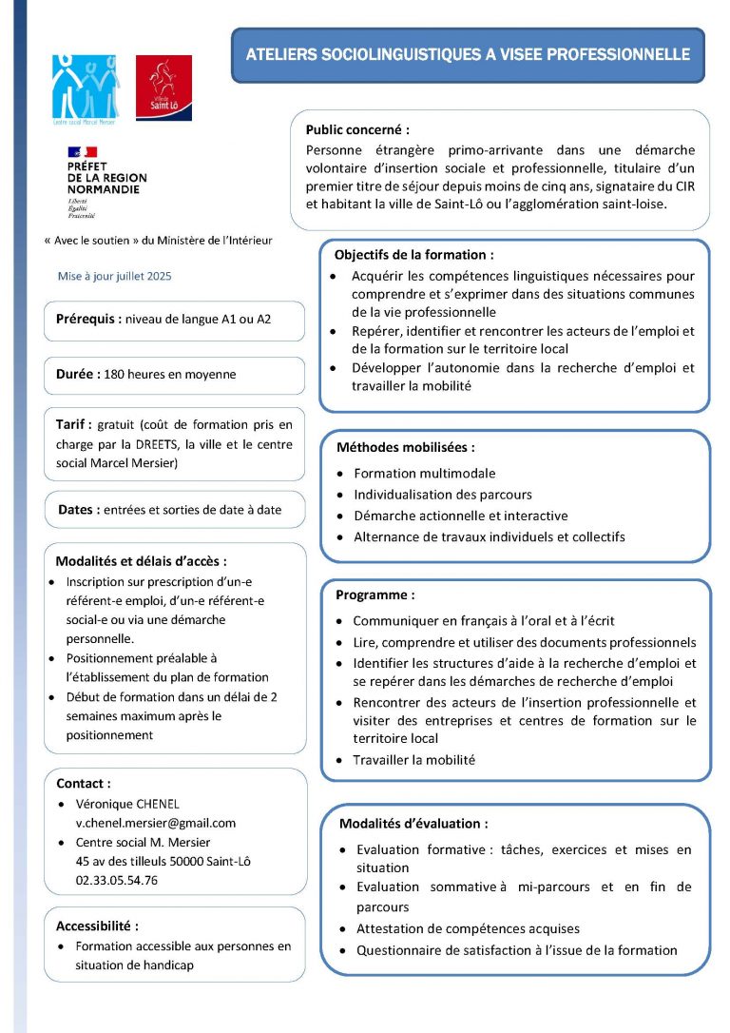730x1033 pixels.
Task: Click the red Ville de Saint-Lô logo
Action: click(x=163, y=88)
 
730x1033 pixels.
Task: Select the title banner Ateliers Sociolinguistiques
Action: click(x=468, y=55)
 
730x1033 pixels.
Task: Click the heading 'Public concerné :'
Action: click(x=357, y=129)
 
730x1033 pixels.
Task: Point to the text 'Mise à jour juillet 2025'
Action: click(x=115, y=276)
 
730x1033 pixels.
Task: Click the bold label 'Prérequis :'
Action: click(x=88, y=320)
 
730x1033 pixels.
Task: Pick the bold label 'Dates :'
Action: click(x=79, y=509)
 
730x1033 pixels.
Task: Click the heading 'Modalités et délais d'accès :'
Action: click(x=141, y=561)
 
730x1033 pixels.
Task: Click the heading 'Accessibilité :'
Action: click(x=98, y=926)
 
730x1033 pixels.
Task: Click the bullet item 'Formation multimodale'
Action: click(x=424, y=473)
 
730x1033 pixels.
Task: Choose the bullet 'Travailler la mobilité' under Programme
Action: click(x=413, y=760)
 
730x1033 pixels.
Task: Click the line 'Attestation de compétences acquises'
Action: click(x=468, y=928)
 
